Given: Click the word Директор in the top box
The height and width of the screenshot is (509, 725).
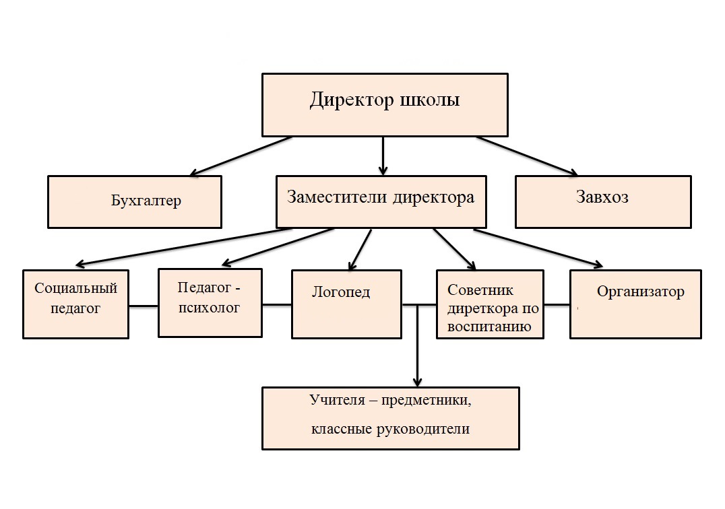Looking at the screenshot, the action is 352,100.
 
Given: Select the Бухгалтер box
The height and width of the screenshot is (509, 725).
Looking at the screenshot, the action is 135,202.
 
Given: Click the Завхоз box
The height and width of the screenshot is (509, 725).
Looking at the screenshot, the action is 603,202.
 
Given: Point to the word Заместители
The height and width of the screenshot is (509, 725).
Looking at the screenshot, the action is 337,197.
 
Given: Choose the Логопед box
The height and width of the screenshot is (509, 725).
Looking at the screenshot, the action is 346,304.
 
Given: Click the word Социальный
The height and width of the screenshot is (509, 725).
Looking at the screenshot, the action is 76,289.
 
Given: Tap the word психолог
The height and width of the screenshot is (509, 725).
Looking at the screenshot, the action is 209,308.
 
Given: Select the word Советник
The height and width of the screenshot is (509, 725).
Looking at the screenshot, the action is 480,290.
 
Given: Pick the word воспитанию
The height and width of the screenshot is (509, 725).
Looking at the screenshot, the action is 488,327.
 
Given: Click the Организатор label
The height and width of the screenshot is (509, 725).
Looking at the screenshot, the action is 640,292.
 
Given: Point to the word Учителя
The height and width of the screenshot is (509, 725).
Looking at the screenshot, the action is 338,400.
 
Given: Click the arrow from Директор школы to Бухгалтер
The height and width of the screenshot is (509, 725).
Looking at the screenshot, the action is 241,156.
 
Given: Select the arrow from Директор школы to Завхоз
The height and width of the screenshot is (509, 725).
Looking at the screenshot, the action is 527,156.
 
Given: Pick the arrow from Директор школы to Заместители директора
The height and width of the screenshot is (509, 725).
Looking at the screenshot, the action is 383,156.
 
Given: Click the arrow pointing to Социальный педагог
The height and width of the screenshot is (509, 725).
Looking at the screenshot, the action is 183,247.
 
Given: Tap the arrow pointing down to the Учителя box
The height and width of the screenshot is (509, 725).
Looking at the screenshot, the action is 418,345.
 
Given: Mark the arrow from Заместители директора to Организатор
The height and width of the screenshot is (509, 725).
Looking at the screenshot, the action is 538,248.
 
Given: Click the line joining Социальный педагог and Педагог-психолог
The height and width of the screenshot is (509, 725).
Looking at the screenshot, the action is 144,306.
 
